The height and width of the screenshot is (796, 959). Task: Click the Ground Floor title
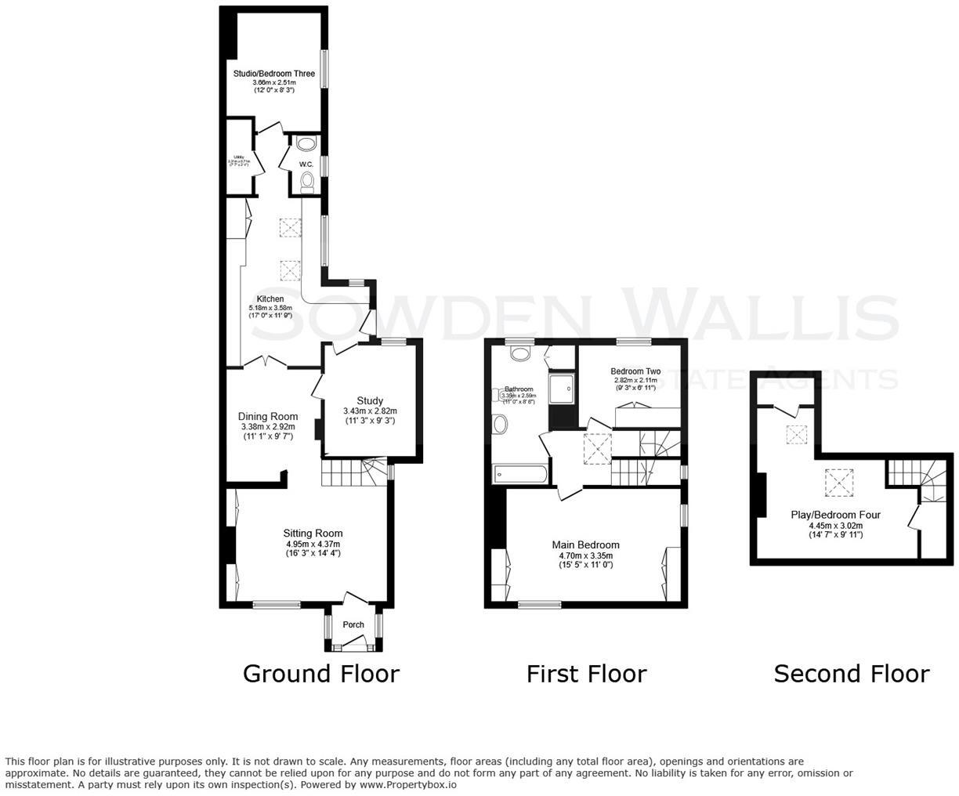coord(320,674)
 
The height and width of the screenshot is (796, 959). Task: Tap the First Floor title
coord(586,674)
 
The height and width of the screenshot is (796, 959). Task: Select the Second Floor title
coord(851,674)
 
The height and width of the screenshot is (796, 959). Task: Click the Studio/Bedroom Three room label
coord(273,74)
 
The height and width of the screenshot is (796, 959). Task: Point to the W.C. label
coord(306,164)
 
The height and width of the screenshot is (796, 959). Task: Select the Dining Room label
coord(268,417)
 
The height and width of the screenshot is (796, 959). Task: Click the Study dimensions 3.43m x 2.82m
coord(370,411)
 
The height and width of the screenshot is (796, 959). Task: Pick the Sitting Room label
coord(313,534)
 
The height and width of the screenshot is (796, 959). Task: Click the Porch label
coord(353,624)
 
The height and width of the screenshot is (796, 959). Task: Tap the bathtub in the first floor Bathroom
coord(520,474)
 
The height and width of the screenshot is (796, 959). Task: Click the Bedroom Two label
coord(635,371)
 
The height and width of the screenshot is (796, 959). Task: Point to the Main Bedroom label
coord(585,545)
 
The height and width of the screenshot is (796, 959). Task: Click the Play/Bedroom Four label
coord(835,515)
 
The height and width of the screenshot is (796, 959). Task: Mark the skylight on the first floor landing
coord(596,449)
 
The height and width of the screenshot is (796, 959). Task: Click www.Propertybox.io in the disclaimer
coord(407,784)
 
